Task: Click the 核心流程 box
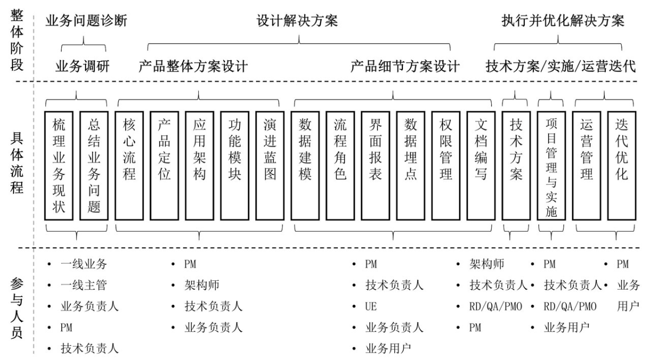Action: coord(129,165)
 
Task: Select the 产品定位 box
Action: coord(164,165)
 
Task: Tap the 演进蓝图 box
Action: coord(270,165)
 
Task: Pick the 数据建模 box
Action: coord(305,165)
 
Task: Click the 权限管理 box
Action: coord(446,165)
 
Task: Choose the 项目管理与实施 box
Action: coord(551,165)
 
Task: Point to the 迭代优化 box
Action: coord(622,165)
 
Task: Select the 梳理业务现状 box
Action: coord(58,165)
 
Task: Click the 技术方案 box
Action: coord(516,165)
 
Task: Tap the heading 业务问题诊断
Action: coord(86,21)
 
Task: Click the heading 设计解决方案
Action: coord(297,21)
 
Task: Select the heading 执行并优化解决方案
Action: coord(563,21)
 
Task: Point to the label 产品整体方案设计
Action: coord(193,67)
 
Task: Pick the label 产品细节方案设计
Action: coord(404,67)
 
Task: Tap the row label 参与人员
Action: coord(17,307)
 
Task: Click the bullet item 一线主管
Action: coord(84,285)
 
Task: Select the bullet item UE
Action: coord(370,306)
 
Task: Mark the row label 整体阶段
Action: coord(17,41)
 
